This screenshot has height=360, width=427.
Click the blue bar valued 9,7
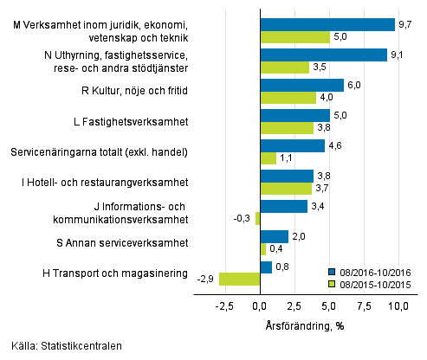(x=327, y=25)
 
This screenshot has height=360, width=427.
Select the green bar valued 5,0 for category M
(x=294, y=37)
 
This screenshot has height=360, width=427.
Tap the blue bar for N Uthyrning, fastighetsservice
(x=323, y=55)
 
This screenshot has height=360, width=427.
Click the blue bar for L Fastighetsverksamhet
(x=294, y=115)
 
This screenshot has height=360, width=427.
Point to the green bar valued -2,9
(x=240, y=279)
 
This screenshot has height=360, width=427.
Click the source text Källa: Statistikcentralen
(x=62, y=346)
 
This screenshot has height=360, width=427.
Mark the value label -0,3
(x=243, y=219)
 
